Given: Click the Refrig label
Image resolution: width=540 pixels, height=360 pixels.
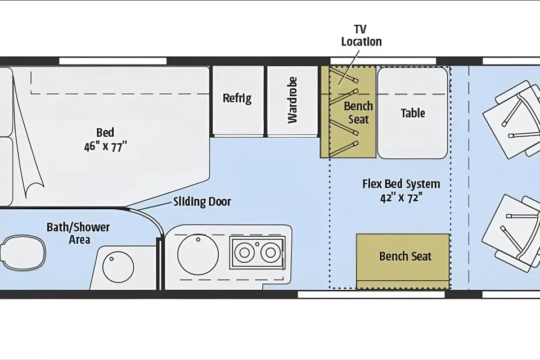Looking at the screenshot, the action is point(237,98).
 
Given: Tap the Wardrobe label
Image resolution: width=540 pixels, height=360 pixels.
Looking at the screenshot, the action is point(292,100).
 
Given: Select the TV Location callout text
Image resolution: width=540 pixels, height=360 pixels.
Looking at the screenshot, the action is point(361,35).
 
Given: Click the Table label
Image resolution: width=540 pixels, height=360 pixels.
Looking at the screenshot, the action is point(412,113).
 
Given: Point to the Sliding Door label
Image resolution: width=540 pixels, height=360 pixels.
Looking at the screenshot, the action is point(202,201).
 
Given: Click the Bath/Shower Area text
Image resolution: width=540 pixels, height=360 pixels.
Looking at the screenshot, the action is point(78,233).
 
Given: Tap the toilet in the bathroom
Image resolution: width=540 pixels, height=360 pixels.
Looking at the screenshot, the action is point(22,253).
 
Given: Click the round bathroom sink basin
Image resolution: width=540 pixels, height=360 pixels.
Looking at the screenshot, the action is point(118,268).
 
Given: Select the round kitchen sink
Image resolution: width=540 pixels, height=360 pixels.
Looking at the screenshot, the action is point(197,254).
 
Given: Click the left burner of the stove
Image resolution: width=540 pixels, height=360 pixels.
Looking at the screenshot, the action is point(244,253).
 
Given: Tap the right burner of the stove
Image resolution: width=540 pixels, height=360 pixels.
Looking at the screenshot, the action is point(271,253).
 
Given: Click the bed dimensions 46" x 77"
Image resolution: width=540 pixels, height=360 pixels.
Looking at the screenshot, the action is point(105,147).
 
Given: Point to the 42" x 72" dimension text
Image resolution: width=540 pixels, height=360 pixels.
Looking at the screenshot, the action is point(401,198).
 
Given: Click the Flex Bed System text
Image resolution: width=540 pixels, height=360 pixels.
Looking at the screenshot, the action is point(401,184).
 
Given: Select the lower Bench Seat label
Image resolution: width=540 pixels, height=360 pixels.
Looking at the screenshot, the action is point(406,256).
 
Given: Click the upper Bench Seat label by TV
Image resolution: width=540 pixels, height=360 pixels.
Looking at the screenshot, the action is point(358,112).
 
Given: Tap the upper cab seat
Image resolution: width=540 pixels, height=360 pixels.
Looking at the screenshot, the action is point(512,119).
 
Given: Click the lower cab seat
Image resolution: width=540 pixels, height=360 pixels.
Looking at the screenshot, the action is point(512,233).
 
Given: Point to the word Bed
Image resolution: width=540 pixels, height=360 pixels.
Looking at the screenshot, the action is point(105,133).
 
